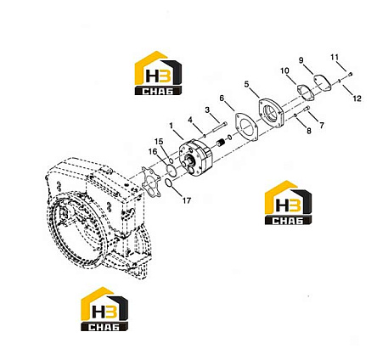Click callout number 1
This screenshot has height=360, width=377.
pyautogui.click(x=171, y=126)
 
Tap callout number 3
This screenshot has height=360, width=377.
pyautogui.click(x=208, y=110)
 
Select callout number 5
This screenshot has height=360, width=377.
pyautogui.click(x=246, y=84)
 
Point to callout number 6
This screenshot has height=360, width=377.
pyautogui.click(x=222, y=98)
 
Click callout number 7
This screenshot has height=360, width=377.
pyautogui.click(x=322, y=125)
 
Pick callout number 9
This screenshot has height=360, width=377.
pyautogui.click(x=301, y=60)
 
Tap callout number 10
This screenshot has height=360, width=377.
pyautogui.click(x=284, y=70)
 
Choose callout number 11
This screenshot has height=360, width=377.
pyautogui.click(x=335, y=57)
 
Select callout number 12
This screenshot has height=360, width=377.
pyautogui.click(x=357, y=98)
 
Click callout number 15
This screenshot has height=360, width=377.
pyautogui.click(x=159, y=141)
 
